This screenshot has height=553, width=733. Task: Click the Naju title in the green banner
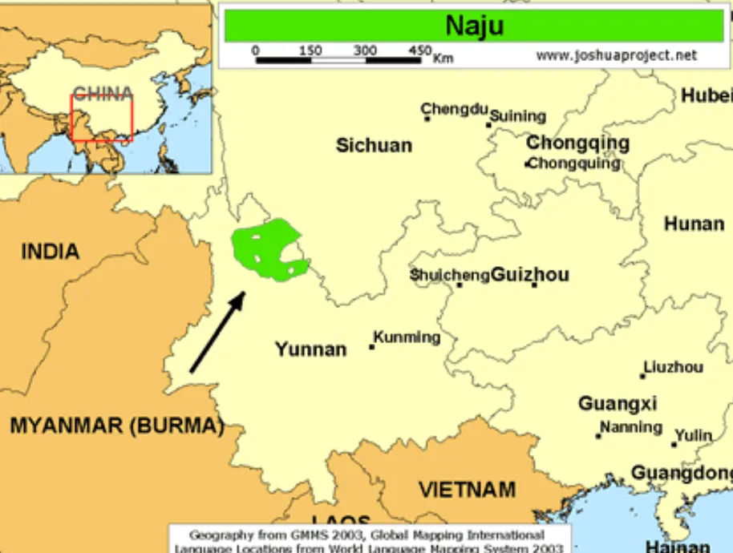475,26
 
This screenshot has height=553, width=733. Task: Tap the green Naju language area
265,248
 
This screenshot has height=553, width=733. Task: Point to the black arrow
217,332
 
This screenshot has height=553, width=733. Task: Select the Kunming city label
407,337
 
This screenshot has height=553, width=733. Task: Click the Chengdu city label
455,109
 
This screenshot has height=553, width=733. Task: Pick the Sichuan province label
374,145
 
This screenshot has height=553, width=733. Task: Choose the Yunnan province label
310,349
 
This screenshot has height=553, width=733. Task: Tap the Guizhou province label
529,275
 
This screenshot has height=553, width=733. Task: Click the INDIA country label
50,252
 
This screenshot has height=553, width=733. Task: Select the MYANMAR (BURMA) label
116,426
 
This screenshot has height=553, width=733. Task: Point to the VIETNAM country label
467,489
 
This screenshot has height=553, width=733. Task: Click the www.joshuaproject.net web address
616,56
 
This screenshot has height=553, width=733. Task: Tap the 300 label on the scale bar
365,50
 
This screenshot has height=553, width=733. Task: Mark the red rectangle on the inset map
102,119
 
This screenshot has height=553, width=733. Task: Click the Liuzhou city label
674,367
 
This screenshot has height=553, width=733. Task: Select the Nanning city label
631,427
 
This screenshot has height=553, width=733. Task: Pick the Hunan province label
694,224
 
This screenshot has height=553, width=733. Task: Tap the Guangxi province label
618,403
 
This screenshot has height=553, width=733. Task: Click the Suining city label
518,116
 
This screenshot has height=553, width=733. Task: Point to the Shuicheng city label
449,275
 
